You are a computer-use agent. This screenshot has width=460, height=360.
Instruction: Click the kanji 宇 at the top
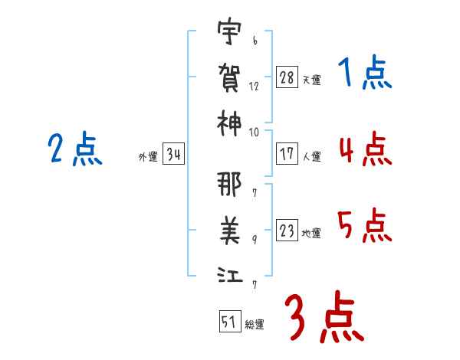(229, 31)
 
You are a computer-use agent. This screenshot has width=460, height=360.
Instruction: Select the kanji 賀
(229, 77)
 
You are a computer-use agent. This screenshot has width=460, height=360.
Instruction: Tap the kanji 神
(229, 123)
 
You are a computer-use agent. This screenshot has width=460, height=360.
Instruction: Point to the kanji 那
(229, 184)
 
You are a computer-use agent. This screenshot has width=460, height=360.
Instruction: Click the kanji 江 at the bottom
(230, 275)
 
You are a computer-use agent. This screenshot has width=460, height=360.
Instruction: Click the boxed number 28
(287, 77)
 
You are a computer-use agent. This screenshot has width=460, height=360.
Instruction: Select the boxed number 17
(287, 154)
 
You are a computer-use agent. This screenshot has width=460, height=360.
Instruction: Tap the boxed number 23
(287, 230)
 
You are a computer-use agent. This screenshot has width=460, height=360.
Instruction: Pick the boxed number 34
(173, 153)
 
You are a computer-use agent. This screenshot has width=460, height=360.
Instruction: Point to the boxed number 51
(230, 321)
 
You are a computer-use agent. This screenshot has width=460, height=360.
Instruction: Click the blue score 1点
(365, 72)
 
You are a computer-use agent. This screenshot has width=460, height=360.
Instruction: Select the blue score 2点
(75, 149)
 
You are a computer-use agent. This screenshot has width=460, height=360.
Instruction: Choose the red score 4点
(366, 149)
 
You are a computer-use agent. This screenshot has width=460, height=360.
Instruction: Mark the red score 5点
(365, 225)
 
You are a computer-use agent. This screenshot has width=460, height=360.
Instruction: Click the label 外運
(148, 157)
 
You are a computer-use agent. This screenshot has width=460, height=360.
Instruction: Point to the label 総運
(255, 325)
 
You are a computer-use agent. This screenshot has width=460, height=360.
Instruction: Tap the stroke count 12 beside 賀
(254, 87)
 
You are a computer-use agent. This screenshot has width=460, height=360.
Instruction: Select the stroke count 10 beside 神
(254, 133)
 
